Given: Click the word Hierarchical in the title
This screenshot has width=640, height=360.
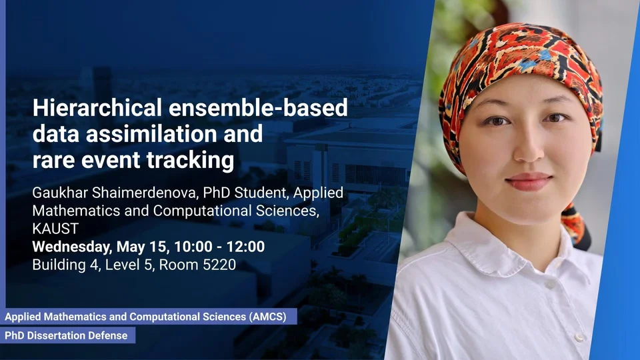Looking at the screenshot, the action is (x=97, y=108).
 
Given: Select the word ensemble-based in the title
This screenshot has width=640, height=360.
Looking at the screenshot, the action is (x=258, y=108).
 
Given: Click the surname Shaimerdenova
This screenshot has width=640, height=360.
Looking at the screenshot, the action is (x=144, y=193).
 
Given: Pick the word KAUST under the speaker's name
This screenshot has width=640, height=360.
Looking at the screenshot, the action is (x=55, y=229).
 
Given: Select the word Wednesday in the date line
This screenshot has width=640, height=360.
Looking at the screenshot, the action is (x=71, y=247).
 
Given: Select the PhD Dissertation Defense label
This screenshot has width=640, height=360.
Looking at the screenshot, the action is (x=66, y=335).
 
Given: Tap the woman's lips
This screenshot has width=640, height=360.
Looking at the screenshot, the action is (x=529, y=181).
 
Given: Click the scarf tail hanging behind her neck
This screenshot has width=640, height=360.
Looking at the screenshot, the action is (x=576, y=226).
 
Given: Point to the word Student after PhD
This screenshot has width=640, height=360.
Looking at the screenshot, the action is (x=259, y=193).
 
